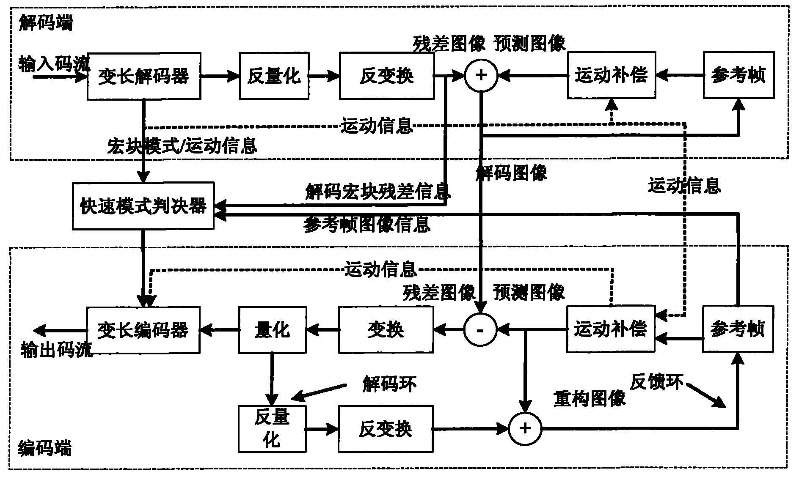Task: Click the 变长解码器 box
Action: point(144,76)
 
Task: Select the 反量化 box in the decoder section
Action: point(274,76)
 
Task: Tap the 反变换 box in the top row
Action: point(386,76)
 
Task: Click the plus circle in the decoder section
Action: point(481,75)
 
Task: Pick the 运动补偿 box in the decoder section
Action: point(611,75)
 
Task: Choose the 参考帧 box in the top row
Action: point(738,75)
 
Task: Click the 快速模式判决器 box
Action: point(143,206)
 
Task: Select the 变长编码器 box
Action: point(143,330)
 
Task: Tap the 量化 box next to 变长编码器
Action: point(272,330)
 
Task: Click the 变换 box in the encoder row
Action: point(386,330)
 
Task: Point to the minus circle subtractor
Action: point(480,330)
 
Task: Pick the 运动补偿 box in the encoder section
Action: point(610,329)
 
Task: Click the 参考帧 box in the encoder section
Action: point(738,329)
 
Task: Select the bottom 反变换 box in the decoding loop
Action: point(385,429)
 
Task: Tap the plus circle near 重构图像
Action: point(525,428)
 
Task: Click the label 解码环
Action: point(389,384)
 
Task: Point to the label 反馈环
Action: point(657,382)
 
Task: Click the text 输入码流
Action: point(54,65)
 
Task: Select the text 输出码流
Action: point(56,350)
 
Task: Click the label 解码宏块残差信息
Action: point(377,192)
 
